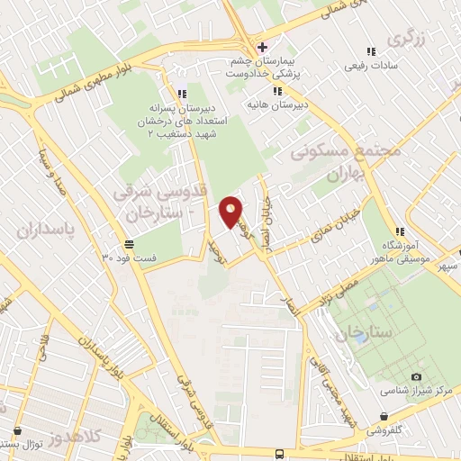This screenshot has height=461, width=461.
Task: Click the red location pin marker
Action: (x=231, y=212)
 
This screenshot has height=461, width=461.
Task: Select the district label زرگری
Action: (x=405, y=40)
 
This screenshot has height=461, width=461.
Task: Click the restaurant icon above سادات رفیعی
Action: (x=370, y=52)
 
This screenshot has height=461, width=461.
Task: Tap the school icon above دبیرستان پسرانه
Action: (x=183, y=93)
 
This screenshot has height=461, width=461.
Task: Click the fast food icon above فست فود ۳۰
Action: (x=130, y=244)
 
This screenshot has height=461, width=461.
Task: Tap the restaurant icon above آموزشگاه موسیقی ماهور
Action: (x=400, y=231)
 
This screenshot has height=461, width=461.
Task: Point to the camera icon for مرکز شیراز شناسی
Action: (x=415, y=376)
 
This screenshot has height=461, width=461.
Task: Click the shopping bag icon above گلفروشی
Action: (x=384, y=417)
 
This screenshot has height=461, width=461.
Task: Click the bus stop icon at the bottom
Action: (x=279, y=455)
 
